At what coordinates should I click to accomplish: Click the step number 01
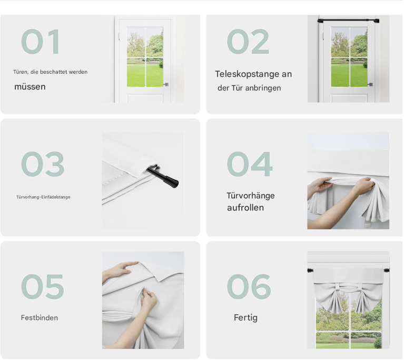point(41,42)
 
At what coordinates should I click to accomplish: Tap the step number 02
point(248,42)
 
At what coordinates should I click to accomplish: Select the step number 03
point(43,164)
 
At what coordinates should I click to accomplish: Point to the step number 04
point(250,164)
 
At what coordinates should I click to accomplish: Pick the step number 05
point(43,287)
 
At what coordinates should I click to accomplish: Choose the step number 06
point(249,287)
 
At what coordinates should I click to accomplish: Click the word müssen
point(30,87)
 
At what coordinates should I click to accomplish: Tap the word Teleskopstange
point(247,74)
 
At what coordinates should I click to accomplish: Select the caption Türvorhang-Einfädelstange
point(43,197)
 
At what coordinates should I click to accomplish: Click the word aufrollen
point(245,207)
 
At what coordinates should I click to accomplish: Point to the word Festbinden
point(40,318)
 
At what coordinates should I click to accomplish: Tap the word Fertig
point(245,318)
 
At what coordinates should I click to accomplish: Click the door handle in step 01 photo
point(166,84)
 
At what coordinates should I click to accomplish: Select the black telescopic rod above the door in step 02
point(348,21)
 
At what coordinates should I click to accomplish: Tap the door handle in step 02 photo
point(370,84)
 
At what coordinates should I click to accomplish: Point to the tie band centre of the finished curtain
point(348,286)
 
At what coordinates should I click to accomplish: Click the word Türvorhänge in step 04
point(251,196)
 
